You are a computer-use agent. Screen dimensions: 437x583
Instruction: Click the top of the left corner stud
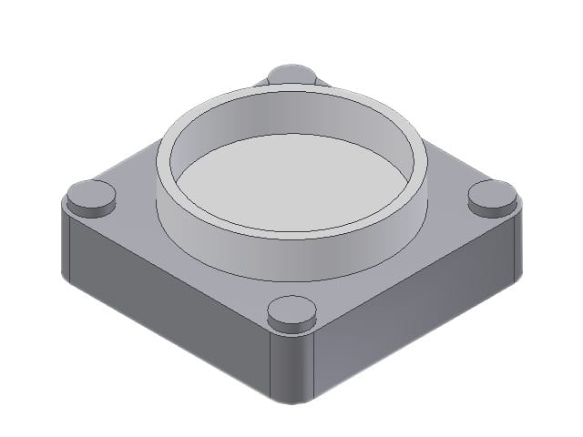click(x=92, y=193)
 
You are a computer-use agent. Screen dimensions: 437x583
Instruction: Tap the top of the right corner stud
click(x=492, y=192)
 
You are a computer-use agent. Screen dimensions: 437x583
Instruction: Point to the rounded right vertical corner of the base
click(x=517, y=241)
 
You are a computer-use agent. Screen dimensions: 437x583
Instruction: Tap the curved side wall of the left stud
click(x=92, y=208)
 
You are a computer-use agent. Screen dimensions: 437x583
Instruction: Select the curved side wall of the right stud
click(x=492, y=208)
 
